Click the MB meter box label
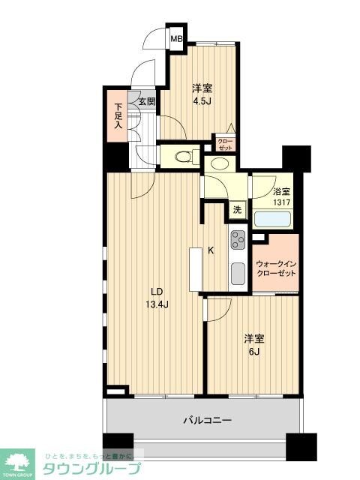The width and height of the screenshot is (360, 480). coord(176,39)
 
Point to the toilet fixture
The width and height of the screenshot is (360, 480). coord(182,157)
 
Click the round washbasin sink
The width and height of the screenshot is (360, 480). coord(221,163)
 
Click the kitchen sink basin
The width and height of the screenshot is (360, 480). coord(238,274)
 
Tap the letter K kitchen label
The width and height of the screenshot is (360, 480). coord(211,252)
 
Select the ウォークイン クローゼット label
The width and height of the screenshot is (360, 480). coord(277,268)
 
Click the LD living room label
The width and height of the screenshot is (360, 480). coord(156,292)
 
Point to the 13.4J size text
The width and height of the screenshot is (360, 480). coord(156,304)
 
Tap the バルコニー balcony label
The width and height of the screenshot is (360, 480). coord(207,419)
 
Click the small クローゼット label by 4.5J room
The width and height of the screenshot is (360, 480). coord(224,142)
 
